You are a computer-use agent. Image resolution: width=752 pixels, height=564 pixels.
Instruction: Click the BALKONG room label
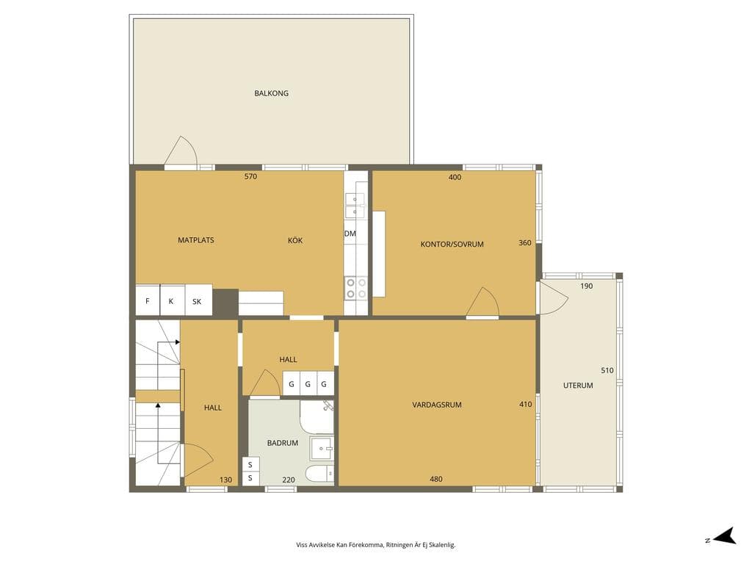(x=271, y=93)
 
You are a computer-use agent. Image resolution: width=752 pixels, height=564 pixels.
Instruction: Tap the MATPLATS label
(x=195, y=240)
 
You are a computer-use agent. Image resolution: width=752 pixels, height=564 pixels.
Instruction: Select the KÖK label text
(x=295, y=240)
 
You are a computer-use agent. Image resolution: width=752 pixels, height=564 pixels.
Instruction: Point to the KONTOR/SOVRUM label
(x=452, y=244)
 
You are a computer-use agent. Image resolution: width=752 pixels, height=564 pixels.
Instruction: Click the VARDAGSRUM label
(x=436, y=405)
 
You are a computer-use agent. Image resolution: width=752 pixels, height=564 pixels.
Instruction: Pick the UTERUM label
(x=578, y=385)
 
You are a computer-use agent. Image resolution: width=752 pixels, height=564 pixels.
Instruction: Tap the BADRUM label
(x=283, y=443)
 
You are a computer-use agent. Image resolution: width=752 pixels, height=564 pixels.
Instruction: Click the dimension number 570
(x=250, y=176)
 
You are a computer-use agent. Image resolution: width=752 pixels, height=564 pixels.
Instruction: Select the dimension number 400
(x=455, y=177)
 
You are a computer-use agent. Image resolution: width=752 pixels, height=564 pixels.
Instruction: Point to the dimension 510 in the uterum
(x=607, y=370)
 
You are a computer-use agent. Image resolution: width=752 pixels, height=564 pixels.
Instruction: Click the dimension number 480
(x=436, y=479)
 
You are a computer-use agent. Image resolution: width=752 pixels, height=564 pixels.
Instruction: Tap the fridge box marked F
(x=148, y=300)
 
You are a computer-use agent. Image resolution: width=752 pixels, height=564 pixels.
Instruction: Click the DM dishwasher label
(x=350, y=234)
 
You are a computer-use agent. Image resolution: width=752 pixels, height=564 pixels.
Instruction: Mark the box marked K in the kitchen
(x=172, y=300)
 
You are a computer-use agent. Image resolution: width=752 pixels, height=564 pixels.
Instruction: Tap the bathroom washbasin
(x=322, y=449)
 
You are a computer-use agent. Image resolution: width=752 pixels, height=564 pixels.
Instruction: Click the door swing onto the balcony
(x=181, y=151)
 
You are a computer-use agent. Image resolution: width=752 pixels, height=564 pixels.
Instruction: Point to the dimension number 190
(x=586, y=286)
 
